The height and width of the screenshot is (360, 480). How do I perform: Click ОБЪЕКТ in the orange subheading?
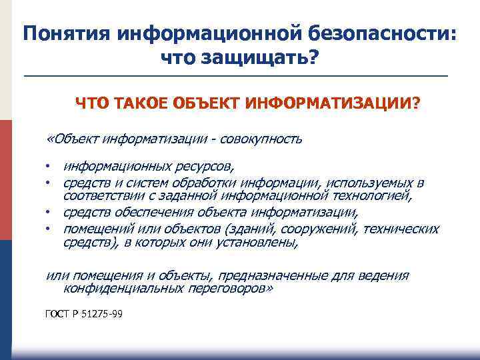click(x=207, y=104)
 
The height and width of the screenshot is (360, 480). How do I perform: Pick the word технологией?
click(x=371, y=195)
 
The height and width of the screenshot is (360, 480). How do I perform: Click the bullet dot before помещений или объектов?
click(x=49, y=229)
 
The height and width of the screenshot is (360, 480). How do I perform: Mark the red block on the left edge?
click(x=5, y=180)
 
